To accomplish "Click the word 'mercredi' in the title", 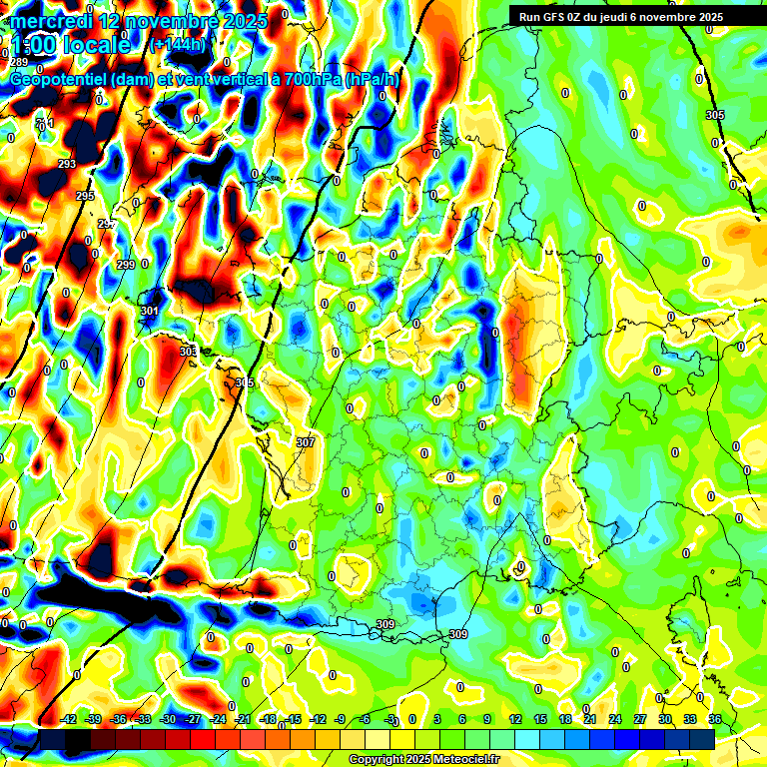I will point(50,21).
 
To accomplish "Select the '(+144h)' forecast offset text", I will point(178,45).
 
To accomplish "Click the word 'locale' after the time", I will point(95,45).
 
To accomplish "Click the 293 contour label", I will point(67,164).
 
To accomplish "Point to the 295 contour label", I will point(85,196).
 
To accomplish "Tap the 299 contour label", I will point(125,265).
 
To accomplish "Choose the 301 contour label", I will point(149,311).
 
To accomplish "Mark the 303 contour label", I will point(188,352).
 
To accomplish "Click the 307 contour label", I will point(306,442).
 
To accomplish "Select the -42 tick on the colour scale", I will point(69,720).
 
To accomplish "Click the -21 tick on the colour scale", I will point(242,720).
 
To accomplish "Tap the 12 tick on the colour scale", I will point(514,720).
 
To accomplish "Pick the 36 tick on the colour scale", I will point(715,720).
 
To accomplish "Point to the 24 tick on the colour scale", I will point(614,720).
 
